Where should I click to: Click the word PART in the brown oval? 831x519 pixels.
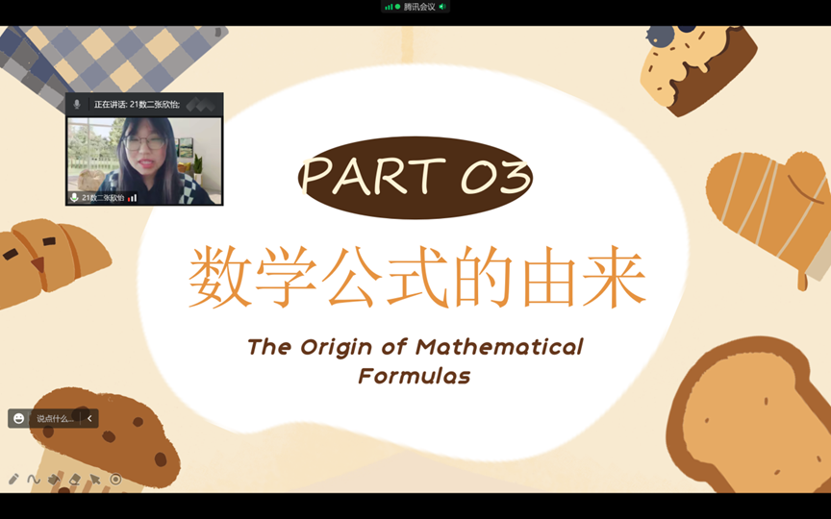(x=373, y=176)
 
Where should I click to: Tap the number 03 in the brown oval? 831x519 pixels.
(x=496, y=176)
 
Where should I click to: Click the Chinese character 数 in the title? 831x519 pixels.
(x=220, y=277)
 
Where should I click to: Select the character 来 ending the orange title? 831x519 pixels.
(x=614, y=277)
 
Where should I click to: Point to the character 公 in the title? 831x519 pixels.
(x=351, y=277)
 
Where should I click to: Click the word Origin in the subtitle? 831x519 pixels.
(x=336, y=348)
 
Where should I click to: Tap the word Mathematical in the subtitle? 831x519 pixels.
(x=499, y=347)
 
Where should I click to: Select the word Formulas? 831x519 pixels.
(x=415, y=376)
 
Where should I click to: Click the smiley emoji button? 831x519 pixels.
(x=18, y=418)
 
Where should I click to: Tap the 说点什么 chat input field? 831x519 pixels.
(x=55, y=418)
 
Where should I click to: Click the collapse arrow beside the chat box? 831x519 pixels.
(x=89, y=418)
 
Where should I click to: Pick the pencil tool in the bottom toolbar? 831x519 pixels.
(x=13, y=480)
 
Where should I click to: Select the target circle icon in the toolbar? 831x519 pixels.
(x=115, y=480)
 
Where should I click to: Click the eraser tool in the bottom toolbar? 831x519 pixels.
(x=75, y=480)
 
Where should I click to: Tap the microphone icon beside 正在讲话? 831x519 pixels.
(x=77, y=105)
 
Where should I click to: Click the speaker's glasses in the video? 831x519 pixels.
(x=144, y=142)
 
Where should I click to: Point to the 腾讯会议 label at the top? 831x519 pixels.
(x=419, y=7)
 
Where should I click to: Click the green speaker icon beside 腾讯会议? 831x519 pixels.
(x=442, y=7)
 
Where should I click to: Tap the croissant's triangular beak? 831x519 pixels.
(x=38, y=263)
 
